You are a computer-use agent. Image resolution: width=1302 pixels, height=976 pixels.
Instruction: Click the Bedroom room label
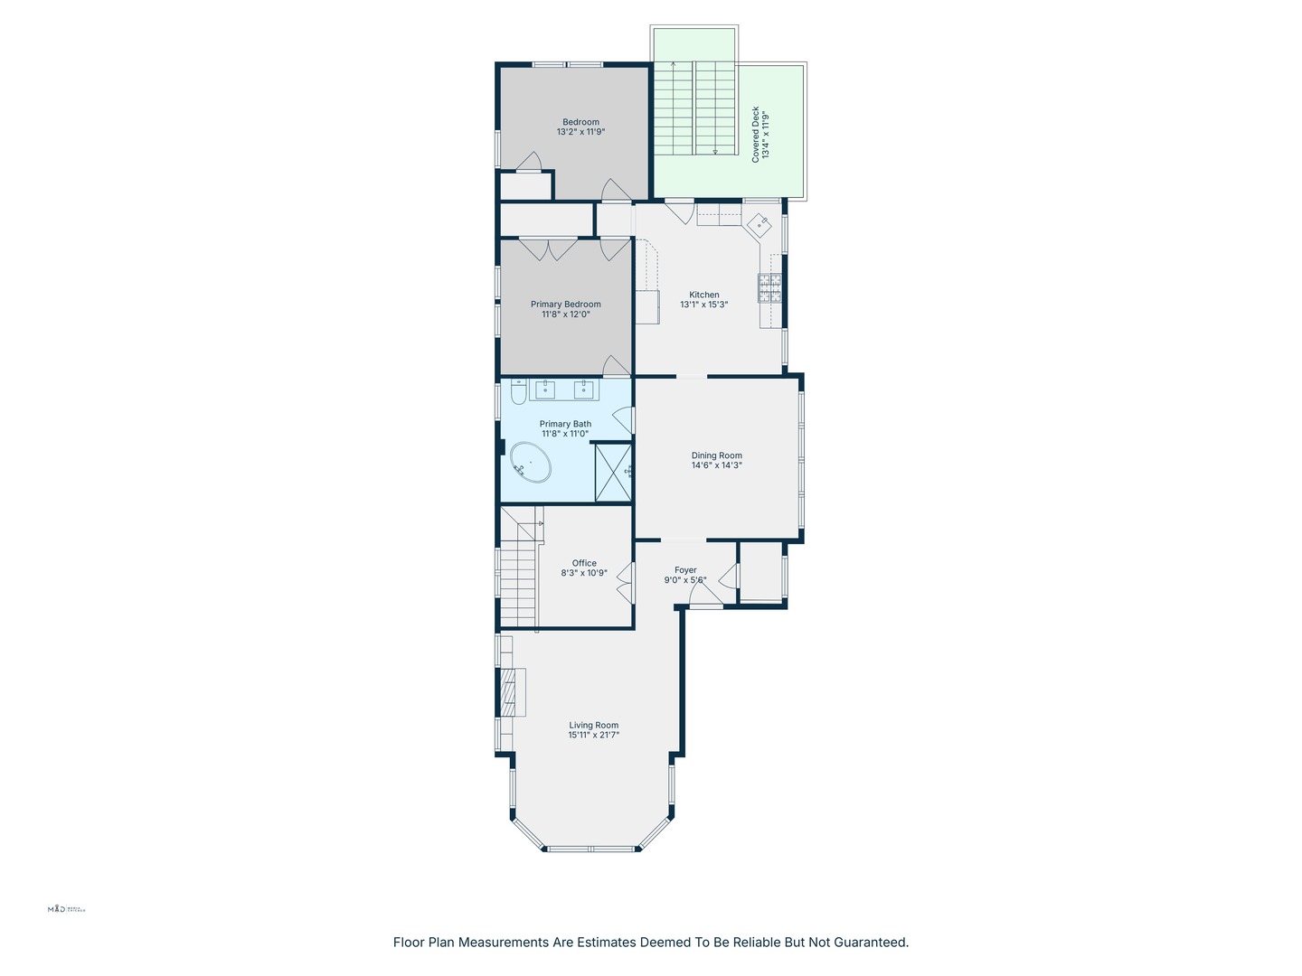[x=580, y=122]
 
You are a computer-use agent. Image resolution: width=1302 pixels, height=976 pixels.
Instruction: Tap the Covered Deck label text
[x=756, y=134]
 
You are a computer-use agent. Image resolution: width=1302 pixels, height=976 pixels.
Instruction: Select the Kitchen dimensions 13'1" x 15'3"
[x=703, y=305]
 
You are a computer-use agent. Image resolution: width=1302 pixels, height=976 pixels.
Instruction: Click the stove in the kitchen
[x=769, y=288]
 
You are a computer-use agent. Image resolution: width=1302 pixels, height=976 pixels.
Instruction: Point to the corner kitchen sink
[x=759, y=223]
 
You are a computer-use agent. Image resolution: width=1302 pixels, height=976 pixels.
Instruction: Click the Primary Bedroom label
[x=565, y=305]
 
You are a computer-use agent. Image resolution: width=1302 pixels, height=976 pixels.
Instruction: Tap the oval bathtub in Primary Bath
[x=531, y=462]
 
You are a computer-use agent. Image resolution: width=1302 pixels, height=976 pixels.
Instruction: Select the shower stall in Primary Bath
[x=613, y=472]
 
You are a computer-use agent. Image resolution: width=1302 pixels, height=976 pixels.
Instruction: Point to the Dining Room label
[x=716, y=455]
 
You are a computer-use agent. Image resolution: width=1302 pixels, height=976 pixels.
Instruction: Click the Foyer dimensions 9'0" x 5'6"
[x=685, y=580]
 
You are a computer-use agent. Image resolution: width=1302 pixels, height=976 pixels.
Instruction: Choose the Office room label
[x=584, y=563]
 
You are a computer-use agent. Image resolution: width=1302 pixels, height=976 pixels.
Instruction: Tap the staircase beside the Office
[x=518, y=578]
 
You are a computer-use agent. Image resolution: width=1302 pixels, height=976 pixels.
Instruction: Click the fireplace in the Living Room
[x=511, y=692]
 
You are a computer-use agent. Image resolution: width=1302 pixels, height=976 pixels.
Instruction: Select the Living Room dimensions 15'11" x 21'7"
[x=593, y=736]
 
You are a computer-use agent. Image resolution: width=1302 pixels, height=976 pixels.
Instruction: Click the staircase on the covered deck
[x=693, y=108]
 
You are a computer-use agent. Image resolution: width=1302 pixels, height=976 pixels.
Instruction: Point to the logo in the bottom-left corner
[x=66, y=909]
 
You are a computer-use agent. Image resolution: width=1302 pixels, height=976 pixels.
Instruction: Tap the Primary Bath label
[x=565, y=424]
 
